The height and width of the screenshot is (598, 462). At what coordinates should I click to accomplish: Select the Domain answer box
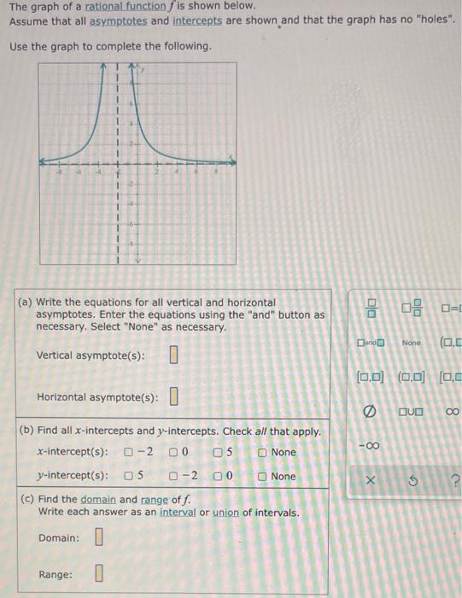98,538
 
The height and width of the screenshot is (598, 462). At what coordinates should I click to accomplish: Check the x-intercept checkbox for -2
127,452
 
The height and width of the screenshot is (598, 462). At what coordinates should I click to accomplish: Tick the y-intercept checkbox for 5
129,476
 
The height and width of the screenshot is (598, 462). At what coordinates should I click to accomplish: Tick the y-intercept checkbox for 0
218,476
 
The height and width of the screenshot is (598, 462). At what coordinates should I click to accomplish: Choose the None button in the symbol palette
412,343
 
